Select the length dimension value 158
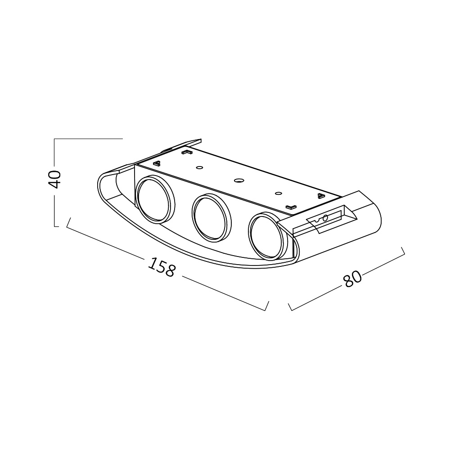[161, 267]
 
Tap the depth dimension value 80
[352, 279]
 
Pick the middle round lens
[211, 217]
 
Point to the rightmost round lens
[269, 236]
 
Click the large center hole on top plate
[238, 180]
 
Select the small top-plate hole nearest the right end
[278, 193]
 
